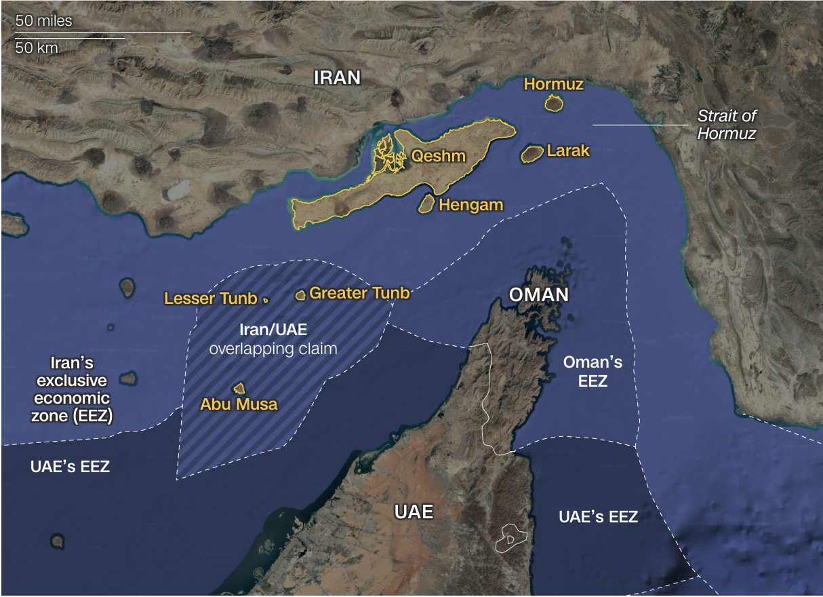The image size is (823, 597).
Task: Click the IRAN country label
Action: (x=337, y=77)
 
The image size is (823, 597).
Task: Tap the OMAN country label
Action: (x=539, y=295)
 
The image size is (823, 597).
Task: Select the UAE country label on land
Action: (x=414, y=512)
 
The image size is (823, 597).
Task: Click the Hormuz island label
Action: (x=553, y=84)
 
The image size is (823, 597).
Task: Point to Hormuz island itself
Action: (x=555, y=104)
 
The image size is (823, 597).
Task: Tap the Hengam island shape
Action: (x=427, y=203)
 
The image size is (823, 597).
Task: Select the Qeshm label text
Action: (x=439, y=157)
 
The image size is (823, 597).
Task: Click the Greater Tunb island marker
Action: (x=300, y=295)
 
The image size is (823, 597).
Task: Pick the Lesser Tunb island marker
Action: (x=266, y=299)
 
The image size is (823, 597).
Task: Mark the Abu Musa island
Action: (x=239, y=388)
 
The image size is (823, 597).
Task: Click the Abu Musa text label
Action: (x=239, y=405)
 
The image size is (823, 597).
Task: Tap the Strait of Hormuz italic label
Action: (x=727, y=125)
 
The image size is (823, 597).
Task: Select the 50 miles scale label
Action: (x=44, y=21)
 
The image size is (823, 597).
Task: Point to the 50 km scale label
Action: (x=37, y=48)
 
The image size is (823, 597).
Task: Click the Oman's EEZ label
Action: (x=593, y=372)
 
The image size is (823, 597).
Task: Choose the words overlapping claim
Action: (x=273, y=349)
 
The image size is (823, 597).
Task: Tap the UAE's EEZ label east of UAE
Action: (x=598, y=517)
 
